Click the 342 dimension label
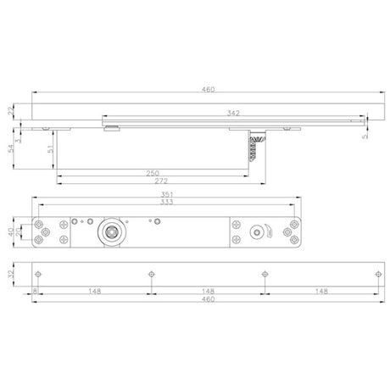233,113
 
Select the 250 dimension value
153,173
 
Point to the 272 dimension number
161,181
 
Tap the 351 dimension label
167,194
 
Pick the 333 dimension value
167,202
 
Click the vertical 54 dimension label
11,148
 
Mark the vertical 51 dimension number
50,149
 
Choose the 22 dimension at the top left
11,111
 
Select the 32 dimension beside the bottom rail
11,274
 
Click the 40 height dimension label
11,232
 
